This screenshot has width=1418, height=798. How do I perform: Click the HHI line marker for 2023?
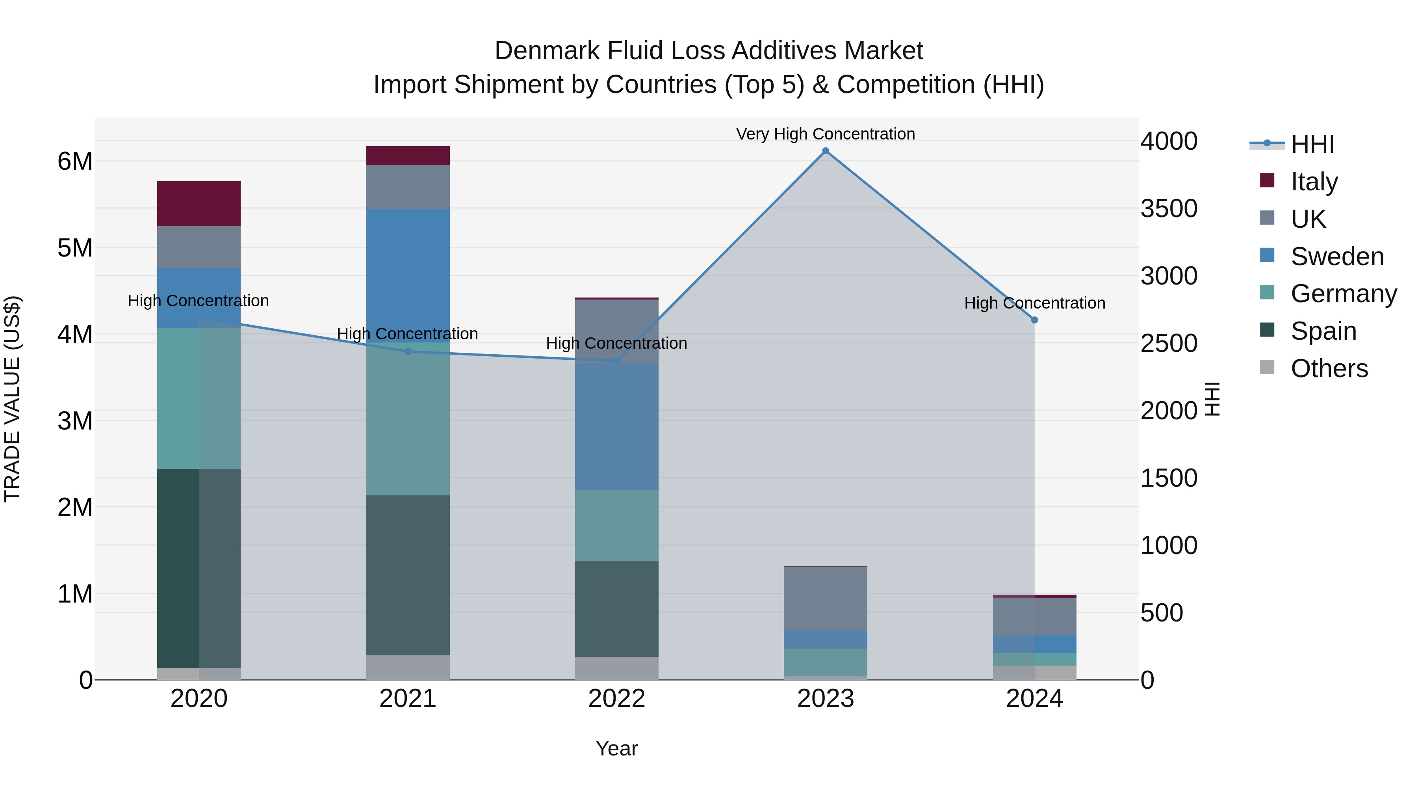(x=825, y=151)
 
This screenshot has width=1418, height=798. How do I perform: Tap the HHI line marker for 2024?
(x=1034, y=320)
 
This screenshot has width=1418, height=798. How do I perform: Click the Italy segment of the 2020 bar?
(x=199, y=204)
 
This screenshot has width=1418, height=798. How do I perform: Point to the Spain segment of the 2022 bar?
(x=616, y=608)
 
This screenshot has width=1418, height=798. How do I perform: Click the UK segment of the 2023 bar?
(x=825, y=599)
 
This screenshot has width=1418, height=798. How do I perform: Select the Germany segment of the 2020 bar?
(x=199, y=398)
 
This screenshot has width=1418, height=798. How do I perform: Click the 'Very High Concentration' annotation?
(x=825, y=134)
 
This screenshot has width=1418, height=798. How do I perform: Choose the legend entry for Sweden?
(x=1336, y=257)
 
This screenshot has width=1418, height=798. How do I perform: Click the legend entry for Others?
(x=1329, y=368)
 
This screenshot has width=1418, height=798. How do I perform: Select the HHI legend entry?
(x=1312, y=144)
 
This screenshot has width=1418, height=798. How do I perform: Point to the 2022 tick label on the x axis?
(x=616, y=699)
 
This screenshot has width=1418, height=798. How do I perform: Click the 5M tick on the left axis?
(x=75, y=248)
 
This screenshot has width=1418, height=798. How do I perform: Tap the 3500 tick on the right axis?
(x=1169, y=209)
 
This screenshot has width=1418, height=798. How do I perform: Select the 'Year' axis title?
(x=616, y=748)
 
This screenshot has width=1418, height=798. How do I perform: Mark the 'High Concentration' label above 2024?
(x=1034, y=303)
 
